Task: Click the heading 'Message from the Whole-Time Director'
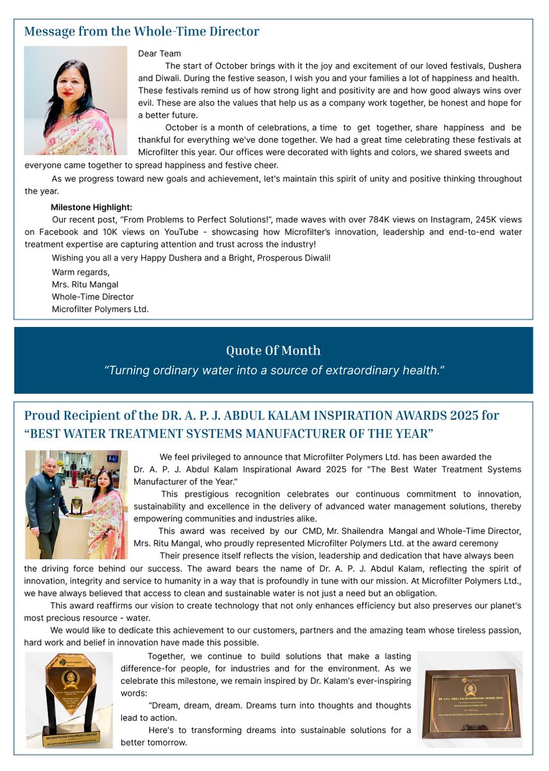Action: pyautogui.click(x=141, y=31)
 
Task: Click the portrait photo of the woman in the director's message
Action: pyautogui.click(x=76, y=100)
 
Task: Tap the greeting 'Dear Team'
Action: pyautogui.click(x=159, y=54)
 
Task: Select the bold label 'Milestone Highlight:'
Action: pyautogui.click(x=91, y=208)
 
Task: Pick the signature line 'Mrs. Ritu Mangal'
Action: pyautogui.click(x=85, y=285)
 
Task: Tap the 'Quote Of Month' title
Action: pyautogui.click(x=273, y=351)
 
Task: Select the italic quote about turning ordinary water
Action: pyautogui.click(x=274, y=371)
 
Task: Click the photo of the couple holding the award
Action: pyautogui.click(x=76, y=504)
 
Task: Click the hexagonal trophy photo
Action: pyautogui.click(x=69, y=699)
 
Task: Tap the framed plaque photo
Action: pyautogui.click(x=469, y=700)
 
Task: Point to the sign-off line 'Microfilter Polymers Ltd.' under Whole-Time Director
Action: pyautogui.click(x=100, y=309)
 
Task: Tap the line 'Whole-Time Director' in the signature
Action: pyautogui.click(x=92, y=297)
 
